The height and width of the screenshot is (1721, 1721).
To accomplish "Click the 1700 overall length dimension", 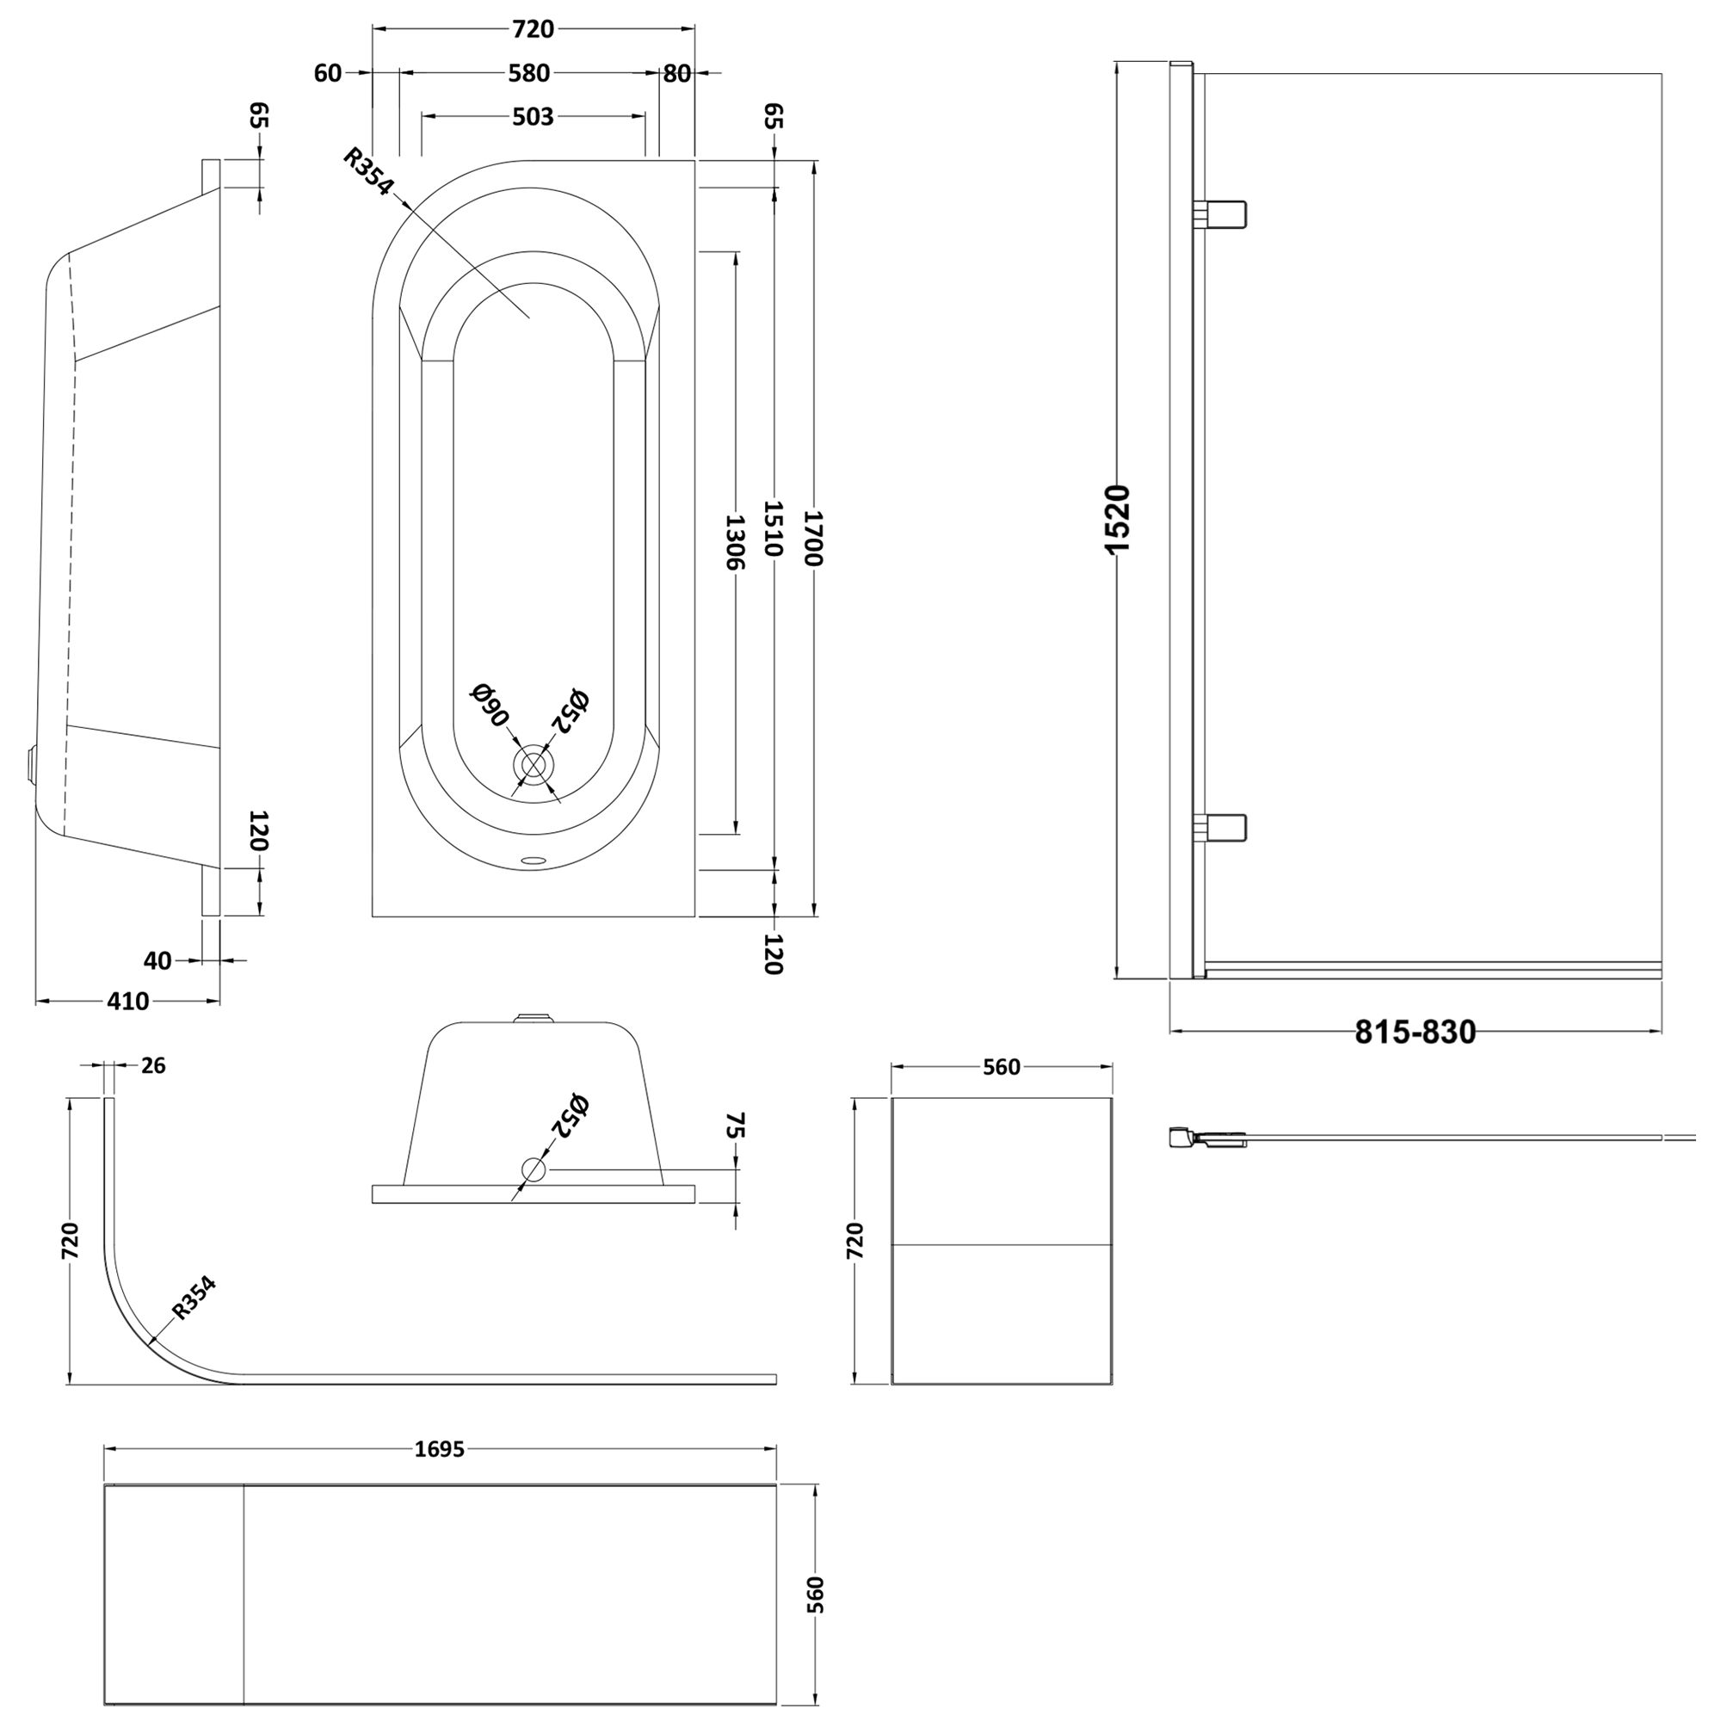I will (x=813, y=538).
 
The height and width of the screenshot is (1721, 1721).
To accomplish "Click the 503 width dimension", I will (x=533, y=117).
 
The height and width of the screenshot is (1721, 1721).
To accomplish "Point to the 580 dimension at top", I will (x=529, y=73).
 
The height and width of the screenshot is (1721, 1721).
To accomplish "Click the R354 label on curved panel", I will (x=194, y=1298).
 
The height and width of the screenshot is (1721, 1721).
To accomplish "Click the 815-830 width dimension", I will (x=1416, y=1032).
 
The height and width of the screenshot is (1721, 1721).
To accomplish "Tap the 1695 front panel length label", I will (x=440, y=1449).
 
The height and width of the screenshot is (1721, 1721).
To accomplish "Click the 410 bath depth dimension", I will (x=127, y=1002).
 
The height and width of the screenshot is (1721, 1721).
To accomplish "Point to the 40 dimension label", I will (x=157, y=960).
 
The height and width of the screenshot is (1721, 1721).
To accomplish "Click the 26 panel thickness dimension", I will (x=153, y=1065).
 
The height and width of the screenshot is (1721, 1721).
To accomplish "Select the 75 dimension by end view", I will (x=736, y=1125).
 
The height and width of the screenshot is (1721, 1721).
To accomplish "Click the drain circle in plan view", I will (x=533, y=766).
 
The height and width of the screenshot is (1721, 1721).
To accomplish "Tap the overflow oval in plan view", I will (x=534, y=860).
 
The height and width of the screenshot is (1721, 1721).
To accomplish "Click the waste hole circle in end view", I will (x=534, y=1169).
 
